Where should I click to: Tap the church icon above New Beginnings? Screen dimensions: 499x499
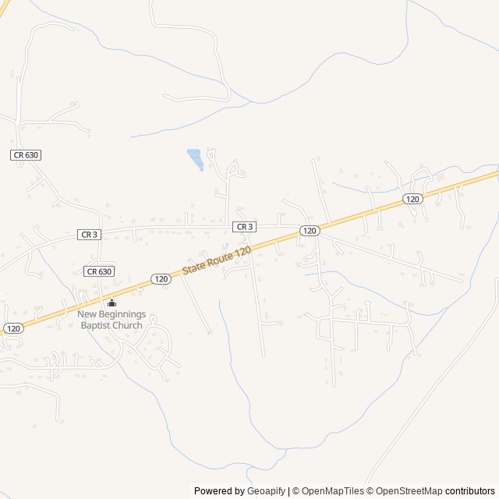click(111, 303)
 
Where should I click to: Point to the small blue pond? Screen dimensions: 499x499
click(195, 158)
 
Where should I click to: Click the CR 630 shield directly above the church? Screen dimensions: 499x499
click(99, 271)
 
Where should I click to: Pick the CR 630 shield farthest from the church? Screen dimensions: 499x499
click(26, 155)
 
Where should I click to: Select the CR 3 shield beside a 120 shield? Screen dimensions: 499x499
click(245, 227)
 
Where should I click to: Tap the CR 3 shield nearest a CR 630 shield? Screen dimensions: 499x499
click(89, 235)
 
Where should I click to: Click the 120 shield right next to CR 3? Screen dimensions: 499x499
click(309, 231)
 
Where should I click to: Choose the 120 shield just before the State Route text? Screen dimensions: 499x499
click(160, 278)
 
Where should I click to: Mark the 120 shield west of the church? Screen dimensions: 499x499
click(12, 329)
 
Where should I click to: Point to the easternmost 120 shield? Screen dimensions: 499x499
click(412, 200)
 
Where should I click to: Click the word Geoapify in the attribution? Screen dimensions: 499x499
click(267, 491)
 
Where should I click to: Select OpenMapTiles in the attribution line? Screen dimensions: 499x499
click(332, 491)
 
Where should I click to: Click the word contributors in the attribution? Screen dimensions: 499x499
click(470, 491)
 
